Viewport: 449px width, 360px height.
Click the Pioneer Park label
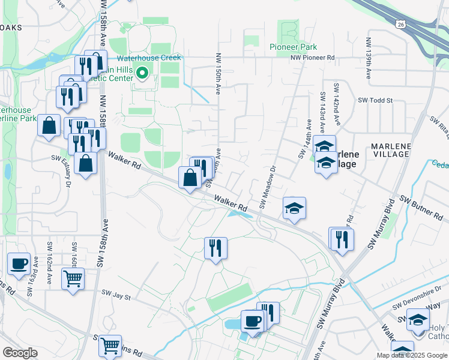tap(293, 47)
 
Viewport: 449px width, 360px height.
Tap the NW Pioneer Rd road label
tap(312, 58)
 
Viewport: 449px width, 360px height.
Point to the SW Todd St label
tap(375, 101)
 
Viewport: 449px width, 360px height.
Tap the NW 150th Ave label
tap(218, 75)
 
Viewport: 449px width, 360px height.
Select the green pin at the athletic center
tap(142, 74)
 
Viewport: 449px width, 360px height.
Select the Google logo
tap(20, 353)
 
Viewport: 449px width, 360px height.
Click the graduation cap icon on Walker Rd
tap(294, 208)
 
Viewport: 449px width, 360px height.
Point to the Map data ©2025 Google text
tap(412, 355)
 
